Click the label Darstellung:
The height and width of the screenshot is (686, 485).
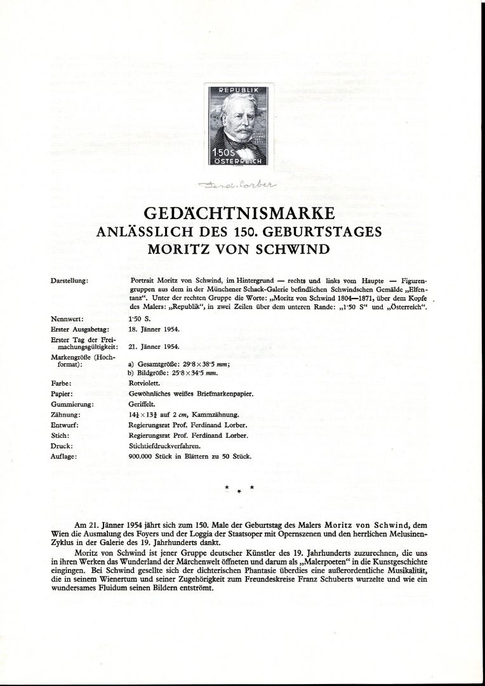tap(69, 280)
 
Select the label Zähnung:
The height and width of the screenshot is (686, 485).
tap(65, 414)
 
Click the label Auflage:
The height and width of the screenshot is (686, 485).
tap(63, 456)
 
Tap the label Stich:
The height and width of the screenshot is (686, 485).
tap(60, 435)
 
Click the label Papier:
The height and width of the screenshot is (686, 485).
tap(62, 393)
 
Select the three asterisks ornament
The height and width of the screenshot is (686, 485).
tap(239, 488)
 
